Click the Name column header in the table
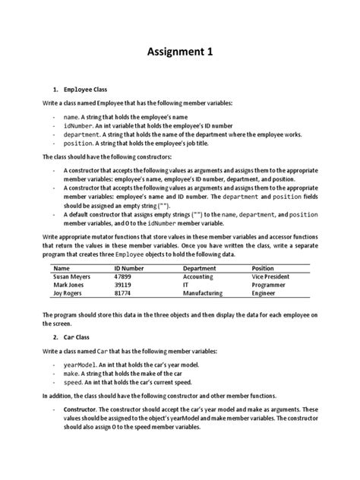[x=62, y=268]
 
